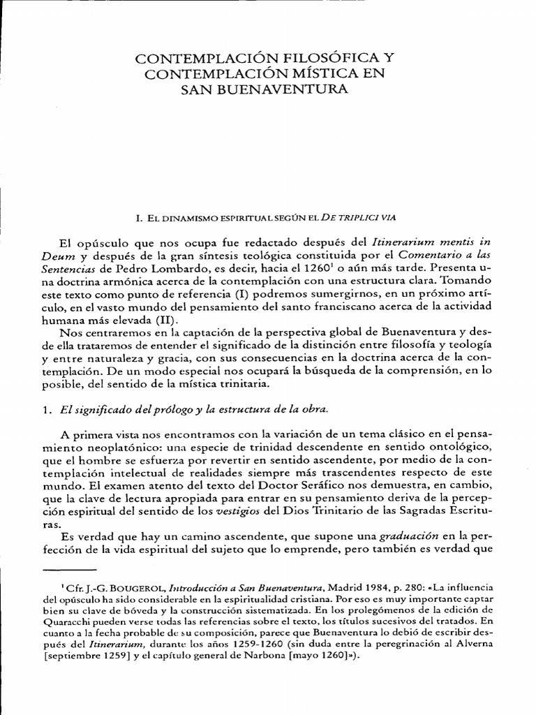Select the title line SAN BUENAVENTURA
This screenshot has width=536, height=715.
click(x=267, y=90)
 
